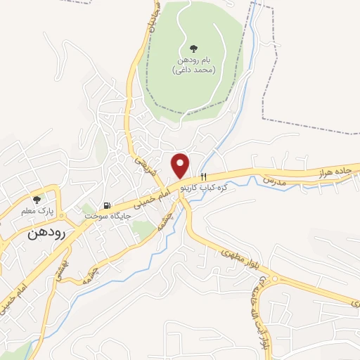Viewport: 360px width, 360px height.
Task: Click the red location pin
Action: tap(181, 164)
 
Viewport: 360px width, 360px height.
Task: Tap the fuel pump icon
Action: tap(107, 205)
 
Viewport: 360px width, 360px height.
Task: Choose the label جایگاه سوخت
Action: tap(103, 217)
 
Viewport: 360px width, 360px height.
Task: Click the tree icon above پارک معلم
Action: tap(37, 200)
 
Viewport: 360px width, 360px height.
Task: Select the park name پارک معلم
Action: tap(37, 212)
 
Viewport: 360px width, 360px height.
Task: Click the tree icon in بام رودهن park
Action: tap(193, 49)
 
